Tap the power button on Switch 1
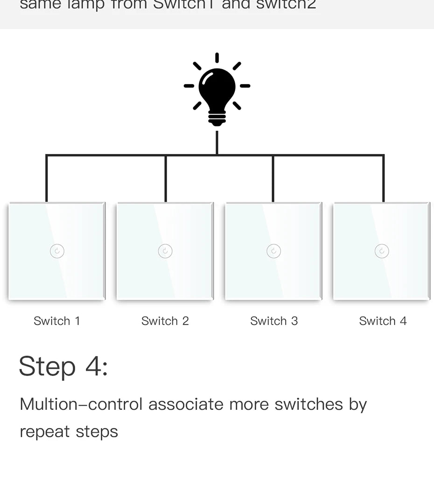click(57, 251)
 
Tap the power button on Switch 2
click(165, 251)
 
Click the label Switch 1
click(57, 321)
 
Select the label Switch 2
click(165, 321)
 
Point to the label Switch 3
click(274, 321)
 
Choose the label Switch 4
click(383, 321)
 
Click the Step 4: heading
click(63, 366)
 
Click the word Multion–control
click(81, 404)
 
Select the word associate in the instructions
click(186, 404)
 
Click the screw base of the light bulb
click(217, 119)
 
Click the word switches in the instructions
click(308, 404)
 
